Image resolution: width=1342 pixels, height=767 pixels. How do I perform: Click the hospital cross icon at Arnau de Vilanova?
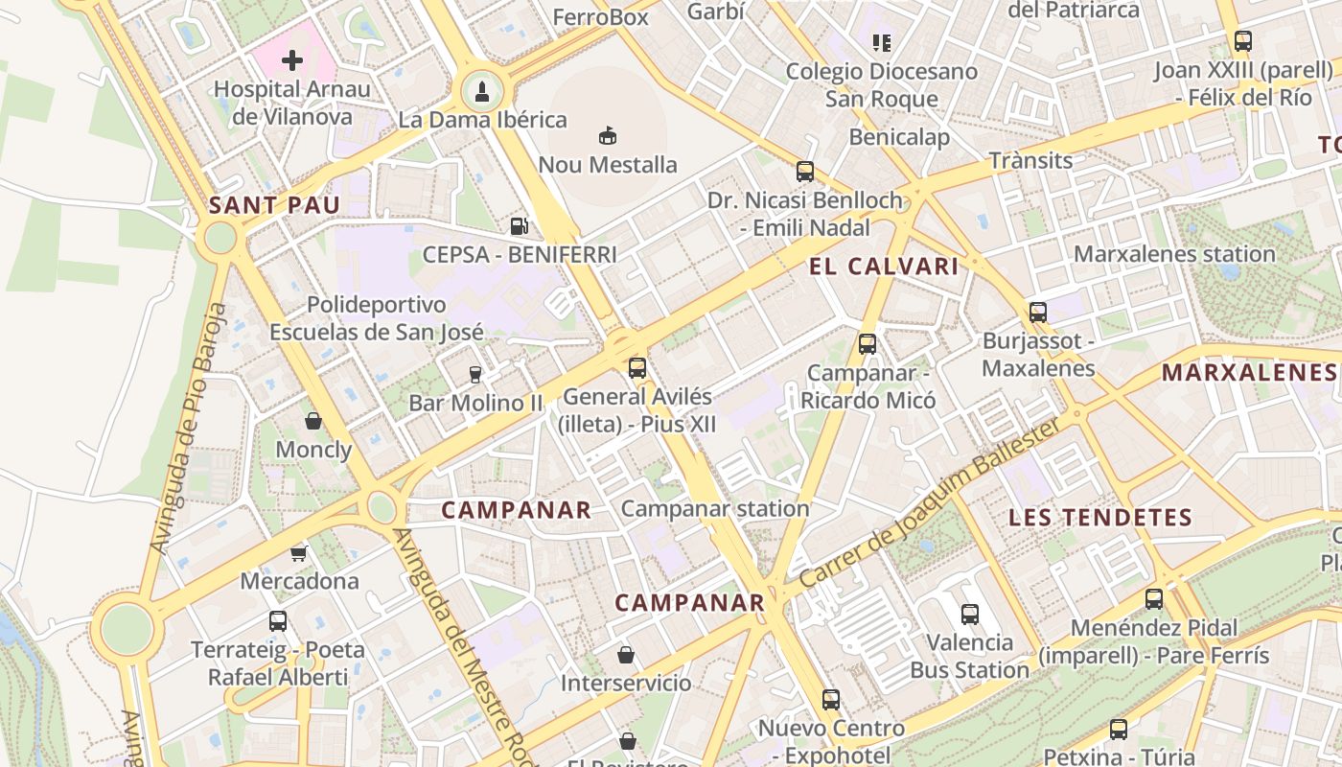(x=292, y=61)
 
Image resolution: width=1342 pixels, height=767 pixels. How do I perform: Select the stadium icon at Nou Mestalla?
(x=607, y=136)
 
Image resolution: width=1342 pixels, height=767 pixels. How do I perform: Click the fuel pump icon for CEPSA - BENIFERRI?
(x=519, y=226)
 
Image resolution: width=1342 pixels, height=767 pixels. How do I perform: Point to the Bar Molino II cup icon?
(x=474, y=374)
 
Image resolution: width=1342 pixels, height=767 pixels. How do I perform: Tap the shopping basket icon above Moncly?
(x=312, y=421)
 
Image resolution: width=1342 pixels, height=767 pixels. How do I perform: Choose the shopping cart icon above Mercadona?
(x=299, y=553)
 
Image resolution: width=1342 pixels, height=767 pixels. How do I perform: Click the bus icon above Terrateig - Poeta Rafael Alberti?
(x=278, y=620)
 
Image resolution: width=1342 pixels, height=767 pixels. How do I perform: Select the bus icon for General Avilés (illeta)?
(x=637, y=367)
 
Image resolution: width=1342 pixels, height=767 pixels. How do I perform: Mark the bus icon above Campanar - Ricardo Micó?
(x=868, y=343)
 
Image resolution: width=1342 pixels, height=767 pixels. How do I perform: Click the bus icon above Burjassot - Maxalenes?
(x=1038, y=312)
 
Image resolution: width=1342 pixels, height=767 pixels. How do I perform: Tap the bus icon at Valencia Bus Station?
(x=970, y=614)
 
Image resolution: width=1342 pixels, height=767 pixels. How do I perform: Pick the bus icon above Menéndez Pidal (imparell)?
(x=1154, y=599)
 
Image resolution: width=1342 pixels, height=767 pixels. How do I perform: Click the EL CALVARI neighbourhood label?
(x=884, y=267)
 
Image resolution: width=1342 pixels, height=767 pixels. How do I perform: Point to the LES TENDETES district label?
(x=1100, y=518)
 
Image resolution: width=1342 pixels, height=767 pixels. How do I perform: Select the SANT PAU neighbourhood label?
(x=274, y=204)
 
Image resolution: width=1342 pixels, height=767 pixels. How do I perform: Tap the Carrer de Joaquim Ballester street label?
(x=931, y=503)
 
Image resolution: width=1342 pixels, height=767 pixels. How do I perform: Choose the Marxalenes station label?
(x=1174, y=254)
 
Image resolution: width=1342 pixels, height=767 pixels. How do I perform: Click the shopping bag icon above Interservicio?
(x=626, y=655)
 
